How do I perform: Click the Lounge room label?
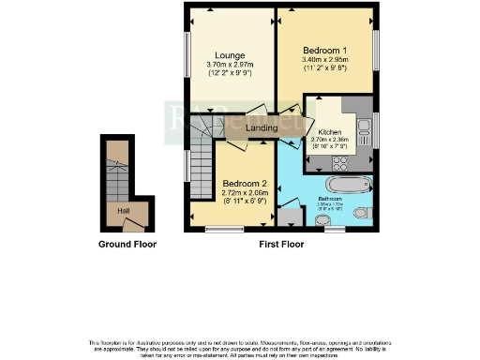click(230, 54)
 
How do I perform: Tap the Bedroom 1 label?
click(326, 49)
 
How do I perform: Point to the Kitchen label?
click(329, 132)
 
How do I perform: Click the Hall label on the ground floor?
click(123, 211)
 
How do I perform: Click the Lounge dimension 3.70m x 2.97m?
click(230, 65)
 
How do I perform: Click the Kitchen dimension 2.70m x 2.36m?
click(329, 141)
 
